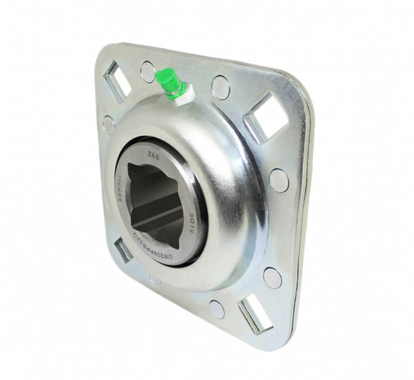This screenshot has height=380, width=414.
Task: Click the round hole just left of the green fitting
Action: pyautogui.click(x=147, y=72)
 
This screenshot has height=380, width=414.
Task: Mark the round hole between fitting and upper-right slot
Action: pyautogui.click(x=220, y=86)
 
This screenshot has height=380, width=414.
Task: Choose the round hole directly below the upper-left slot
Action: pyautogui.click(x=108, y=124)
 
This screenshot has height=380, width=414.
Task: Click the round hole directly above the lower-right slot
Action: pyautogui.click(x=272, y=277)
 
